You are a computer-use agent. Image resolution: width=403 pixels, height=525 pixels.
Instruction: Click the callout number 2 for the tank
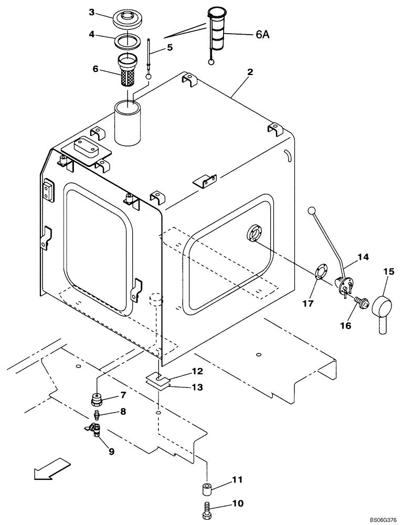click(250, 72)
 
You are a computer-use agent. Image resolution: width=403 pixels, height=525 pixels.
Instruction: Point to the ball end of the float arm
click(311, 211)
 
